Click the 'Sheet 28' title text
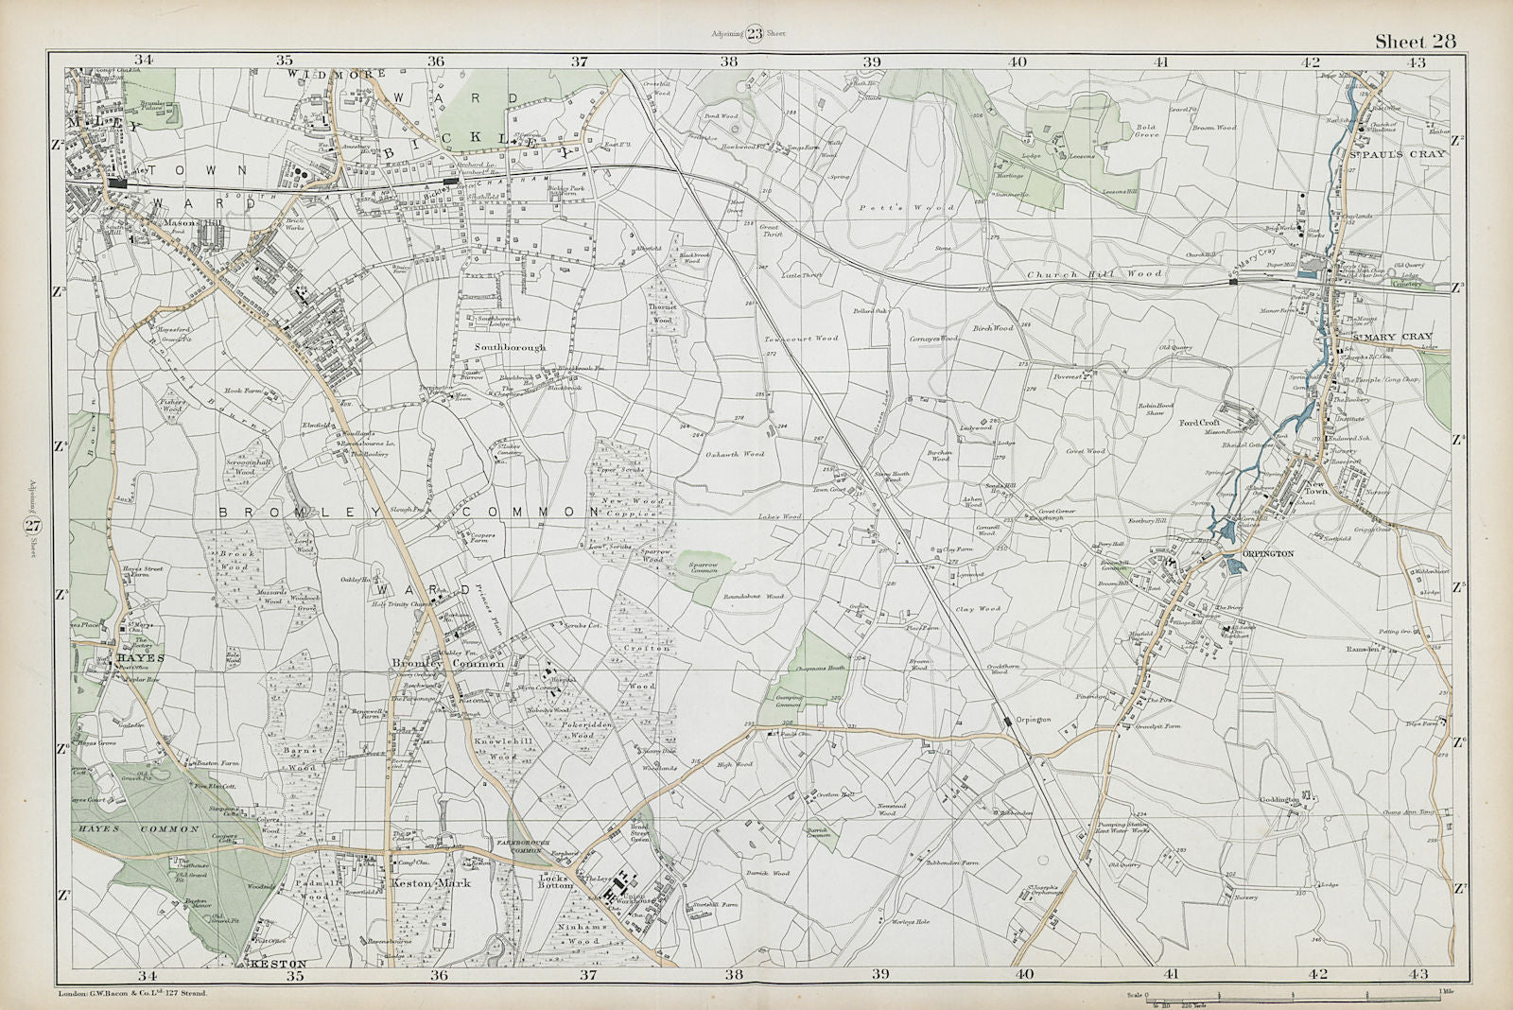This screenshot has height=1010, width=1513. pyautogui.click(x=1415, y=40)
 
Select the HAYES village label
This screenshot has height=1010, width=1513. pyautogui.click(x=141, y=656)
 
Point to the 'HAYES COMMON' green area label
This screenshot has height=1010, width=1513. pyautogui.click(x=134, y=828)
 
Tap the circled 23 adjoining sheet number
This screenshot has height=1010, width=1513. pyautogui.click(x=754, y=35)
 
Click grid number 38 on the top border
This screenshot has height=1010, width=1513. pyautogui.click(x=728, y=61)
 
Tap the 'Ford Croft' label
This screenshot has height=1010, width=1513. pyautogui.click(x=1199, y=423)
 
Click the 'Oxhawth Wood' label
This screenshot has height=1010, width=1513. pyautogui.click(x=735, y=454)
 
